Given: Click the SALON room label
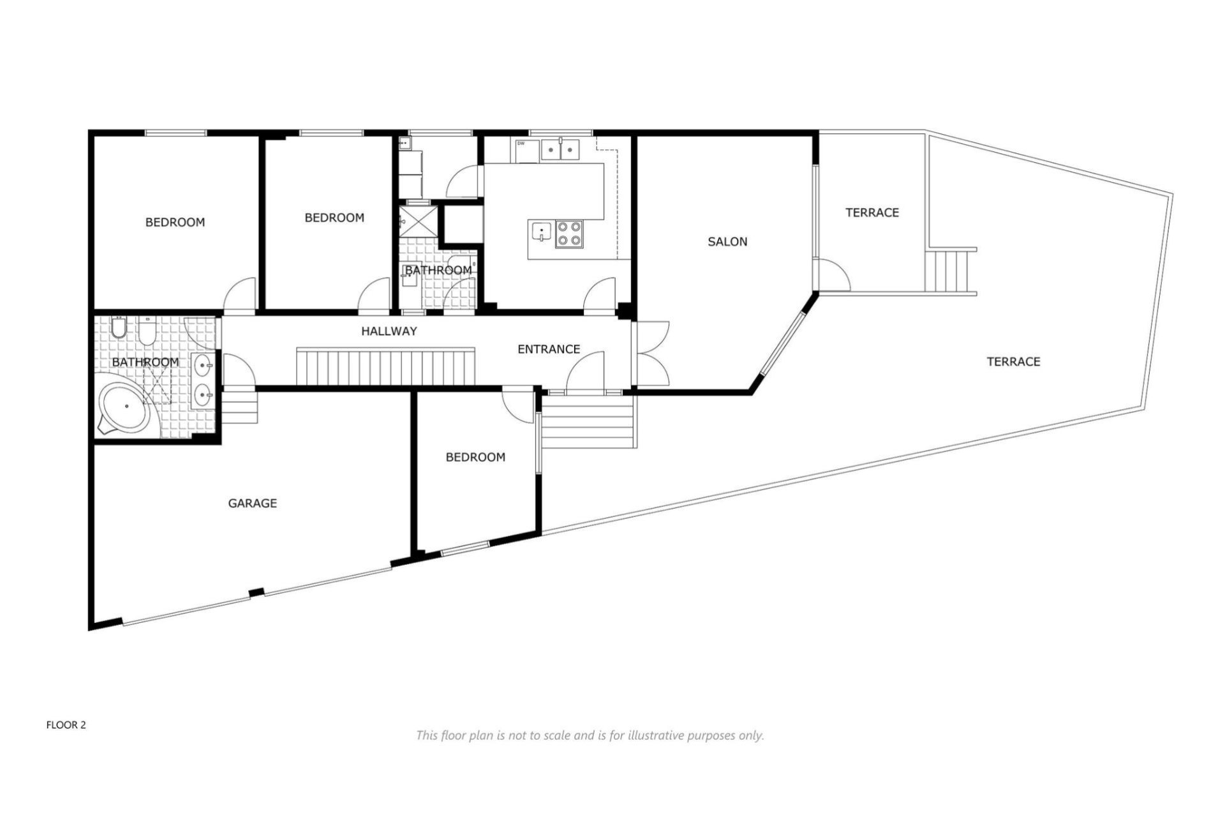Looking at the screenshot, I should pyautogui.click(x=727, y=241).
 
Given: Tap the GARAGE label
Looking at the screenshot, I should pyautogui.click(x=252, y=503).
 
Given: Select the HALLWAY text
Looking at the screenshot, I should pyautogui.click(x=389, y=331).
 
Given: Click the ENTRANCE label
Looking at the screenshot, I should pyautogui.click(x=548, y=349).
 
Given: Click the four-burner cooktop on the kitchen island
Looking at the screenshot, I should pyautogui.click(x=568, y=233).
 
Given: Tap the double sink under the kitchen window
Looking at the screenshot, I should pyautogui.click(x=560, y=149).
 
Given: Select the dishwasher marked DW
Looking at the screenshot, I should pyautogui.click(x=525, y=151).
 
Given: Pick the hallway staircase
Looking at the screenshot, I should pyautogui.click(x=387, y=366).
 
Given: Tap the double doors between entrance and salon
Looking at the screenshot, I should pyautogui.click(x=651, y=353).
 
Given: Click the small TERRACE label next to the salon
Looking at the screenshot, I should pyautogui.click(x=872, y=212).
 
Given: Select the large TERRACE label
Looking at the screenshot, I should pyautogui.click(x=1013, y=361).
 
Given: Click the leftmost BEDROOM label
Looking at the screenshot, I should pyautogui.click(x=175, y=222).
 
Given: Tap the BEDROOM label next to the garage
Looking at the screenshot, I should pyautogui.click(x=475, y=457).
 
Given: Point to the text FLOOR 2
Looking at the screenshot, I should pyautogui.click(x=66, y=724).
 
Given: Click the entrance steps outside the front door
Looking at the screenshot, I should pyautogui.click(x=587, y=422).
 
